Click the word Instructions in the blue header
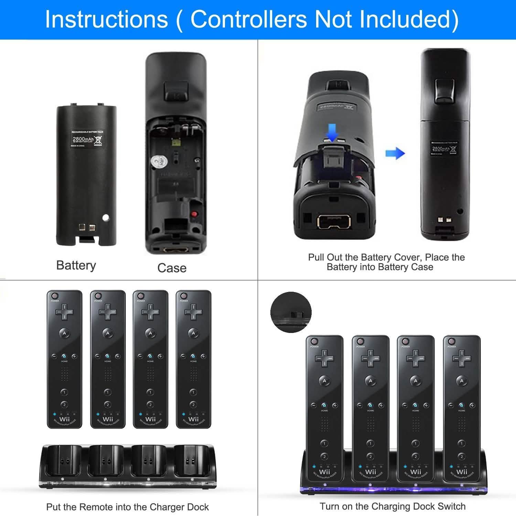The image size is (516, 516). (107, 19)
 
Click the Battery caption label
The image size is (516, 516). (76, 265)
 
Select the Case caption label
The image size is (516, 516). (172, 268)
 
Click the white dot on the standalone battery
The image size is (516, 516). (106, 217)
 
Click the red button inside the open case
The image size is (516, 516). (195, 214)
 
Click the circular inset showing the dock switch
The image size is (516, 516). (291, 312)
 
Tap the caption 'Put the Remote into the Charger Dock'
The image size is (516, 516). (127, 507)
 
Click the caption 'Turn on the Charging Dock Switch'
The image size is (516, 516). (393, 506)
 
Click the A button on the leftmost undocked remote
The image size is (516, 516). (64, 333)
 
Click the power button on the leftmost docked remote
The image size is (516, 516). (313, 342)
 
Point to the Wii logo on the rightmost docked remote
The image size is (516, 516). (462, 472)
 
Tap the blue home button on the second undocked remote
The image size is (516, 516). (107, 356)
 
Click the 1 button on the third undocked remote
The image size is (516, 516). (150, 392)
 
